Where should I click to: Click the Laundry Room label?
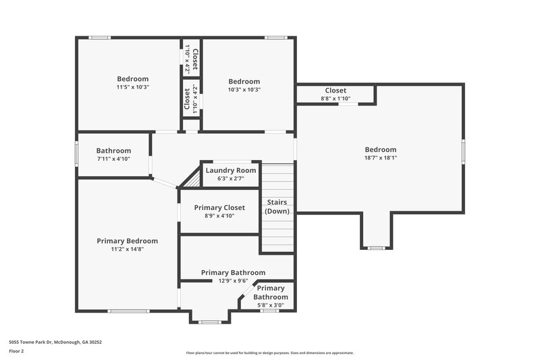pyautogui.click(x=231, y=170)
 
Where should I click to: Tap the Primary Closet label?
pyautogui.click(x=219, y=207)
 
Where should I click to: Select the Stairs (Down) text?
pyautogui.click(x=277, y=207)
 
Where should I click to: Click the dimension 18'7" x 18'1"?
pyautogui.click(x=381, y=158)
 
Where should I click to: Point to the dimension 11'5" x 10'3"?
pyautogui.click(x=132, y=87)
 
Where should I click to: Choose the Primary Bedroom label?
pyautogui.click(x=127, y=240)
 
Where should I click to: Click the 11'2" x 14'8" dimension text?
pyautogui.click(x=127, y=249)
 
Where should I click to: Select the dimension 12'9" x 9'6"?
pyautogui.click(x=233, y=281)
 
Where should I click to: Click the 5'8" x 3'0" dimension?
pyautogui.click(x=270, y=305)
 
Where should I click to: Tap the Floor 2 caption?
pyautogui.click(x=16, y=351)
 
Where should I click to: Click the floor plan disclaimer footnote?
pyautogui.click(x=269, y=353)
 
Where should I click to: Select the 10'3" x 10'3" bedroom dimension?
pyautogui.click(x=244, y=89)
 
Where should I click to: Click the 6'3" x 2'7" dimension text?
pyautogui.click(x=231, y=178)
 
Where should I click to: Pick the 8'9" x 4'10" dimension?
pyautogui.click(x=219, y=215)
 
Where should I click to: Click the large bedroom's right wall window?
pyautogui.click(x=463, y=151)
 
